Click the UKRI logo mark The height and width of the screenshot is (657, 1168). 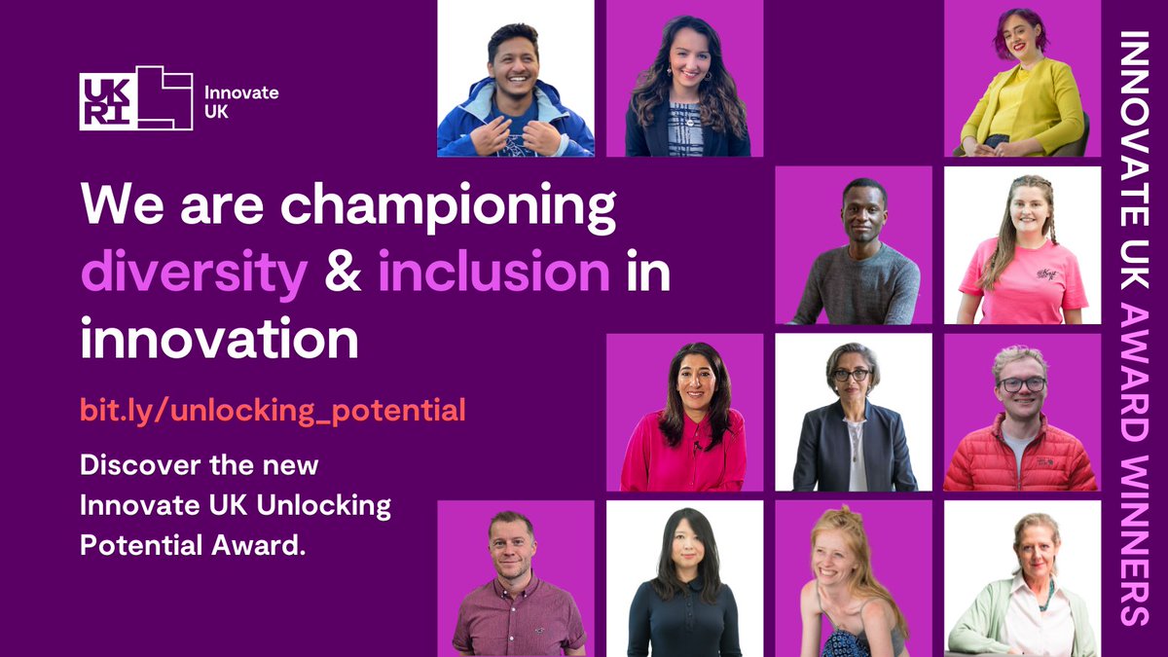135,98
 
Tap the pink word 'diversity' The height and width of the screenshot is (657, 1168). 194,274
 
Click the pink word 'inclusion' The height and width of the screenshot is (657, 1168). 493,274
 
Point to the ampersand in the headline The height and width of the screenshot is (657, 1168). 343,274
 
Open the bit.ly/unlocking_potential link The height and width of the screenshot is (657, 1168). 273,410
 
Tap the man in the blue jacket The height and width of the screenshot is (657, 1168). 515,92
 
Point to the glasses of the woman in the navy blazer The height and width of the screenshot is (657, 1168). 852,375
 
